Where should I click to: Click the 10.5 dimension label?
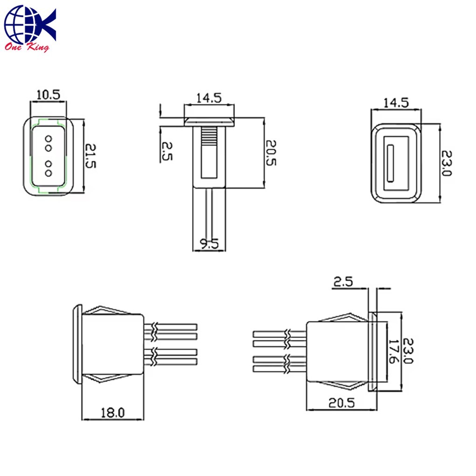click(x=48, y=95)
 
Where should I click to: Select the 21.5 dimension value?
click(x=90, y=156)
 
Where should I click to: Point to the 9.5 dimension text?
click(x=209, y=243)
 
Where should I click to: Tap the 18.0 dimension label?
click(x=112, y=413)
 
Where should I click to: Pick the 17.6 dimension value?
click(x=394, y=351)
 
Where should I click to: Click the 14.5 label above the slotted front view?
click(x=396, y=103)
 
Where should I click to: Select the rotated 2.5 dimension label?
click(x=166, y=151)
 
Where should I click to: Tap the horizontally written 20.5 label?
click(x=342, y=403)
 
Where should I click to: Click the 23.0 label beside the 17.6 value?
click(x=407, y=351)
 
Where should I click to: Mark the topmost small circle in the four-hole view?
click(x=48, y=139)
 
